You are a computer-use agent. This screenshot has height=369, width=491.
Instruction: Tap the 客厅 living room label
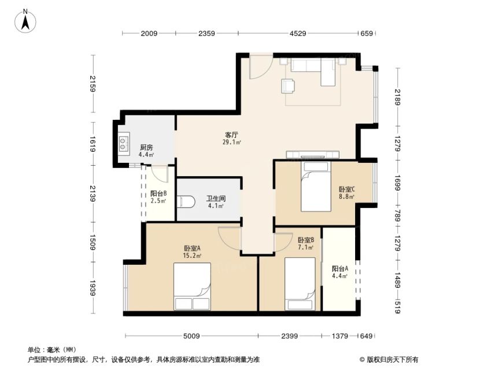tap(231, 135)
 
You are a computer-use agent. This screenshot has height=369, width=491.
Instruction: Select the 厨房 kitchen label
tap(146, 148)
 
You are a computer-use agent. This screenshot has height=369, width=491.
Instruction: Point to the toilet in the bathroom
tap(186, 202)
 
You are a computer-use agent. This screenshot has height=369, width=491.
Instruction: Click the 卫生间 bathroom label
tap(216, 199)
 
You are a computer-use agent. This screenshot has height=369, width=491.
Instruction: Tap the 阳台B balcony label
tap(158, 193)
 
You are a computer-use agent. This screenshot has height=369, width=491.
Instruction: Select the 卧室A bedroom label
tap(192, 248)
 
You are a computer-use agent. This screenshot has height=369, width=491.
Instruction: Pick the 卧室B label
tap(306, 240)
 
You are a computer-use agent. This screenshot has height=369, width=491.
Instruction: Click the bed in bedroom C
tap(316, 186)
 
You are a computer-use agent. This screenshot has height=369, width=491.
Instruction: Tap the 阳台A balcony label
tap(340, 269)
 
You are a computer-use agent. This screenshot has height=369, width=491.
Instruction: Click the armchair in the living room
tap(288, 86)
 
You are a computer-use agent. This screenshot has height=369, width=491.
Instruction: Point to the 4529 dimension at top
tap(298, 33)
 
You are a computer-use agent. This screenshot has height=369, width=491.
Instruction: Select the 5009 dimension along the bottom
tap(191, 336)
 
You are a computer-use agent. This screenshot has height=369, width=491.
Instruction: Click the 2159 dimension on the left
tap(93, 84)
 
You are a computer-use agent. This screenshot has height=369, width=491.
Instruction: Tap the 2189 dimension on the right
tap(397, 97)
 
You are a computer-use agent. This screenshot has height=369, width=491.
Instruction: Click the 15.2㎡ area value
tap(192, 255)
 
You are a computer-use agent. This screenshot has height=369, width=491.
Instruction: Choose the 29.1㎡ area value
tap(232, 143)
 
